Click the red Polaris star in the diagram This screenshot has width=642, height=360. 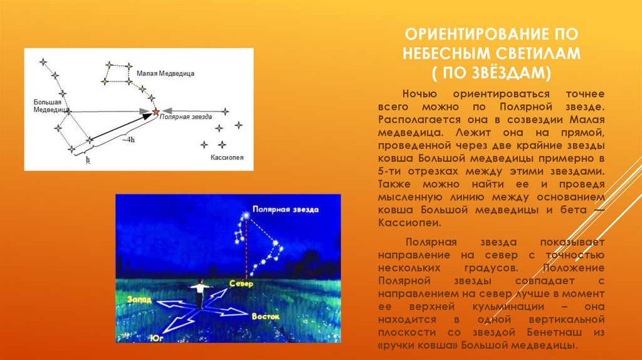(155, 112)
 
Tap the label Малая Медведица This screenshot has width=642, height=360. (166, 74)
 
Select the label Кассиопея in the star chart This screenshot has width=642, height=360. (227, 157)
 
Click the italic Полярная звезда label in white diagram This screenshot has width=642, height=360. (186, 117)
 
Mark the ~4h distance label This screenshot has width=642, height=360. (128, 140)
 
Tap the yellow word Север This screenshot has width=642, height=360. (241, 283)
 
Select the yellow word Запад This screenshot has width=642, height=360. (139, 299)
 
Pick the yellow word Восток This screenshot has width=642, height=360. (266, 317)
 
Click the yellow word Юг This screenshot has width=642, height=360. (156, 338)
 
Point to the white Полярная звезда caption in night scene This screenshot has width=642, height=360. (285, 209)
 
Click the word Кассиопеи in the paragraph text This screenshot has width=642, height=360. (409, 223)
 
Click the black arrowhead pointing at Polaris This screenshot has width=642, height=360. (147, 117)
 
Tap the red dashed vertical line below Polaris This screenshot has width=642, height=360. (246, 248)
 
